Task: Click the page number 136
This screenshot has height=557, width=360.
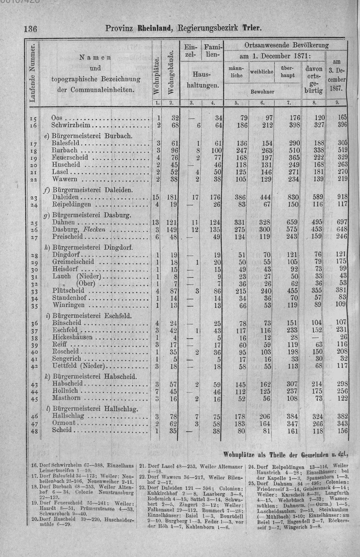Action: (31, 29)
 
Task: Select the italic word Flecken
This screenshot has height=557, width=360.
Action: (94, 230)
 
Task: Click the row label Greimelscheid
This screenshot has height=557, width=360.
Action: (73, 262)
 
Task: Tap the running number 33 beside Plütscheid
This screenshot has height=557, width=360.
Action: (35, 291)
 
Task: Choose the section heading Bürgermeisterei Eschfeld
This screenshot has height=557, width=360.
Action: (92, 316)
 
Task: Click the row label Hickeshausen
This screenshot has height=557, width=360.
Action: (72, 338)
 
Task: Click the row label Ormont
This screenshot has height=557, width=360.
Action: (64, 423)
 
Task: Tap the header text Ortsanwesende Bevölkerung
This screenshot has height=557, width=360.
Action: (287, 45)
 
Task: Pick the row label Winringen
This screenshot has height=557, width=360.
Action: (68, 305)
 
